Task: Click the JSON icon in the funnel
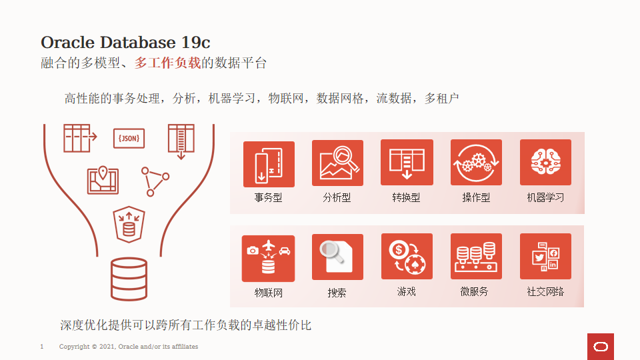(x=129, y=139)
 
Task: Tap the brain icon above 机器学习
(x=545, y=163)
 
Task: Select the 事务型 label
(x=268, y=198)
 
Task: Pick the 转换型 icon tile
(x=407, y=163)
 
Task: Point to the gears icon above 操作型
(x=476, y=163)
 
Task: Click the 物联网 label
(x=268, y=293)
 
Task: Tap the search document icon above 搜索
(x=337, y=257)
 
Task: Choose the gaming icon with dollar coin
(x=407, y=256)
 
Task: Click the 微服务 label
(x=474, y=291)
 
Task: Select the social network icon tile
(x=545, y=256)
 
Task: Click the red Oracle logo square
(x=601, y=347)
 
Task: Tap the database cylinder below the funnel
(x=129, y=279)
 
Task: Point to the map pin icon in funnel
(x=103, y=180)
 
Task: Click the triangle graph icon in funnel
(x=155, y=181)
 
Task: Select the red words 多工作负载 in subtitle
(x=167, y=63)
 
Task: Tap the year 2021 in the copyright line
(x=107, y=347)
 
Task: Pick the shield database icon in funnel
(x=129, y=225)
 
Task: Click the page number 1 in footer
(x=41, y=347)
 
